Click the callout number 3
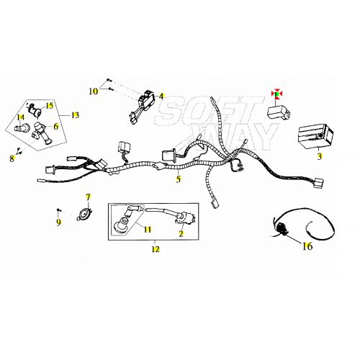coord(320,156)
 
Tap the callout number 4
coord(161,96)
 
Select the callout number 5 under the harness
coord(178,179)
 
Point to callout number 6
coord(56,126)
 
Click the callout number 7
coord(89,197)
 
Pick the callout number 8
coord(12,158)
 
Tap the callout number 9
coord(58,222)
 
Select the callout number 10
coord(94,91)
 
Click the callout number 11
coord(148,230)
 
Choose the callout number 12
coord(156,249)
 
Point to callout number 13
coord(75,115)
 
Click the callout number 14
coord(21,117)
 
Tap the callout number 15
coord(50,106)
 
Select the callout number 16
coord(307,246)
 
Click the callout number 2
coord(181,233)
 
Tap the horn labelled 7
coord(84,213)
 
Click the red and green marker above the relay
coord(276,94)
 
